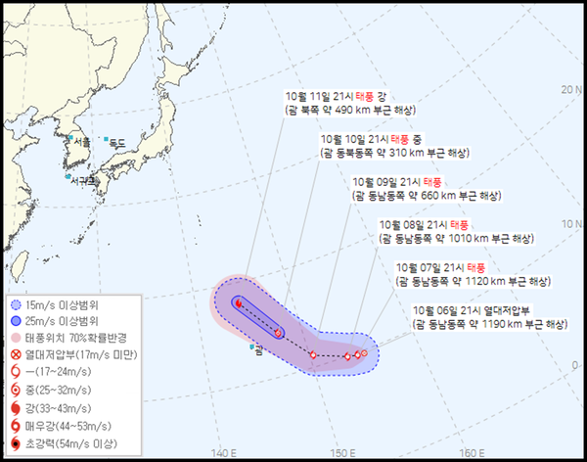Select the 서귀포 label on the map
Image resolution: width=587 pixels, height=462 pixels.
point(84,180)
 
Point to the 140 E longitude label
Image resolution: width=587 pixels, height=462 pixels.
point(224,452)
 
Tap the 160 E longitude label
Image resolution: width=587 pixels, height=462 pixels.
point(473,452)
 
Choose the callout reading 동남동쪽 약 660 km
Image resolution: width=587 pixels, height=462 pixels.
point(428,187)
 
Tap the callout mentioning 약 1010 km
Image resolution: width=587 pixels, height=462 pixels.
point(456,231)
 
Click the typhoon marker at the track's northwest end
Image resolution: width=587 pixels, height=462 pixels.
point(238,303)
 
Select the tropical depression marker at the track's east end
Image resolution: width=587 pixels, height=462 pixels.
point(364,352)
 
